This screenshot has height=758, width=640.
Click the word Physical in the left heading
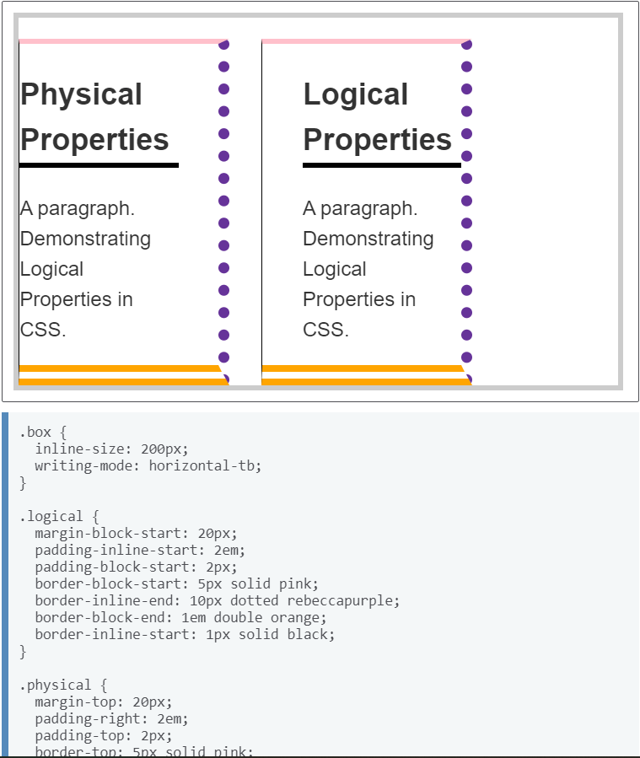(x=81, y=94)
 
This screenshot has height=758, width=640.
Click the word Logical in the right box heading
(x=355, y=94)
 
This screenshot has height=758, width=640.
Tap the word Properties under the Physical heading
(x=94, y=140)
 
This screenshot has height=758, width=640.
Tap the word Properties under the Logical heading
(x=377, y=140)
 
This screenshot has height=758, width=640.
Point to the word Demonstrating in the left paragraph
(x=85, y=239)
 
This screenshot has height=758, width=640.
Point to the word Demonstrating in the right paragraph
(x=368, y=239)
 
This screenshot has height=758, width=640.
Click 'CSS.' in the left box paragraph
(x=43, y=330)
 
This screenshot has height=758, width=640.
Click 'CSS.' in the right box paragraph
(x=325, y=330)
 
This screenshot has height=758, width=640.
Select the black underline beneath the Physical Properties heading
(x=99, y=165)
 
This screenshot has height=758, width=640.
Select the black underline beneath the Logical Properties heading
(x=381, y=165)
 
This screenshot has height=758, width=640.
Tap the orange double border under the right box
(x=363, y=375)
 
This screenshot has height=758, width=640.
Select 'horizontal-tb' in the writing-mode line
(x=205, y=465)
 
